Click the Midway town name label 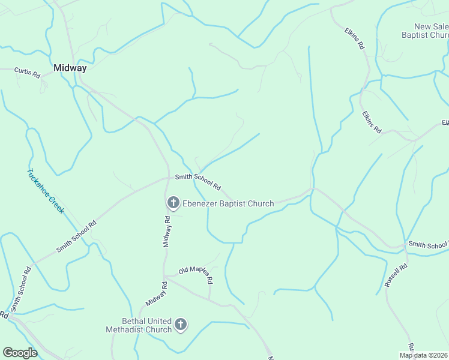click(70, 68)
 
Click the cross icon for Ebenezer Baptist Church click(173, 203)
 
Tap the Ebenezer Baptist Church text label click(228, 203)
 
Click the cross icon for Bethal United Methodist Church click(181, 325)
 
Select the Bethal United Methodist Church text click(139, 325)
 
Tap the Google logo click(20, 353)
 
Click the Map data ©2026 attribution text click(423, 355)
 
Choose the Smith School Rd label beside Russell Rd click(427, 244)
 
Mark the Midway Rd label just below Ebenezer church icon click(167, 231)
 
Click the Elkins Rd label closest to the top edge click(355, 37)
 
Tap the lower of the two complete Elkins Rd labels click(372, 122)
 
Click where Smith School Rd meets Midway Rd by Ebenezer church click(169, 178)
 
